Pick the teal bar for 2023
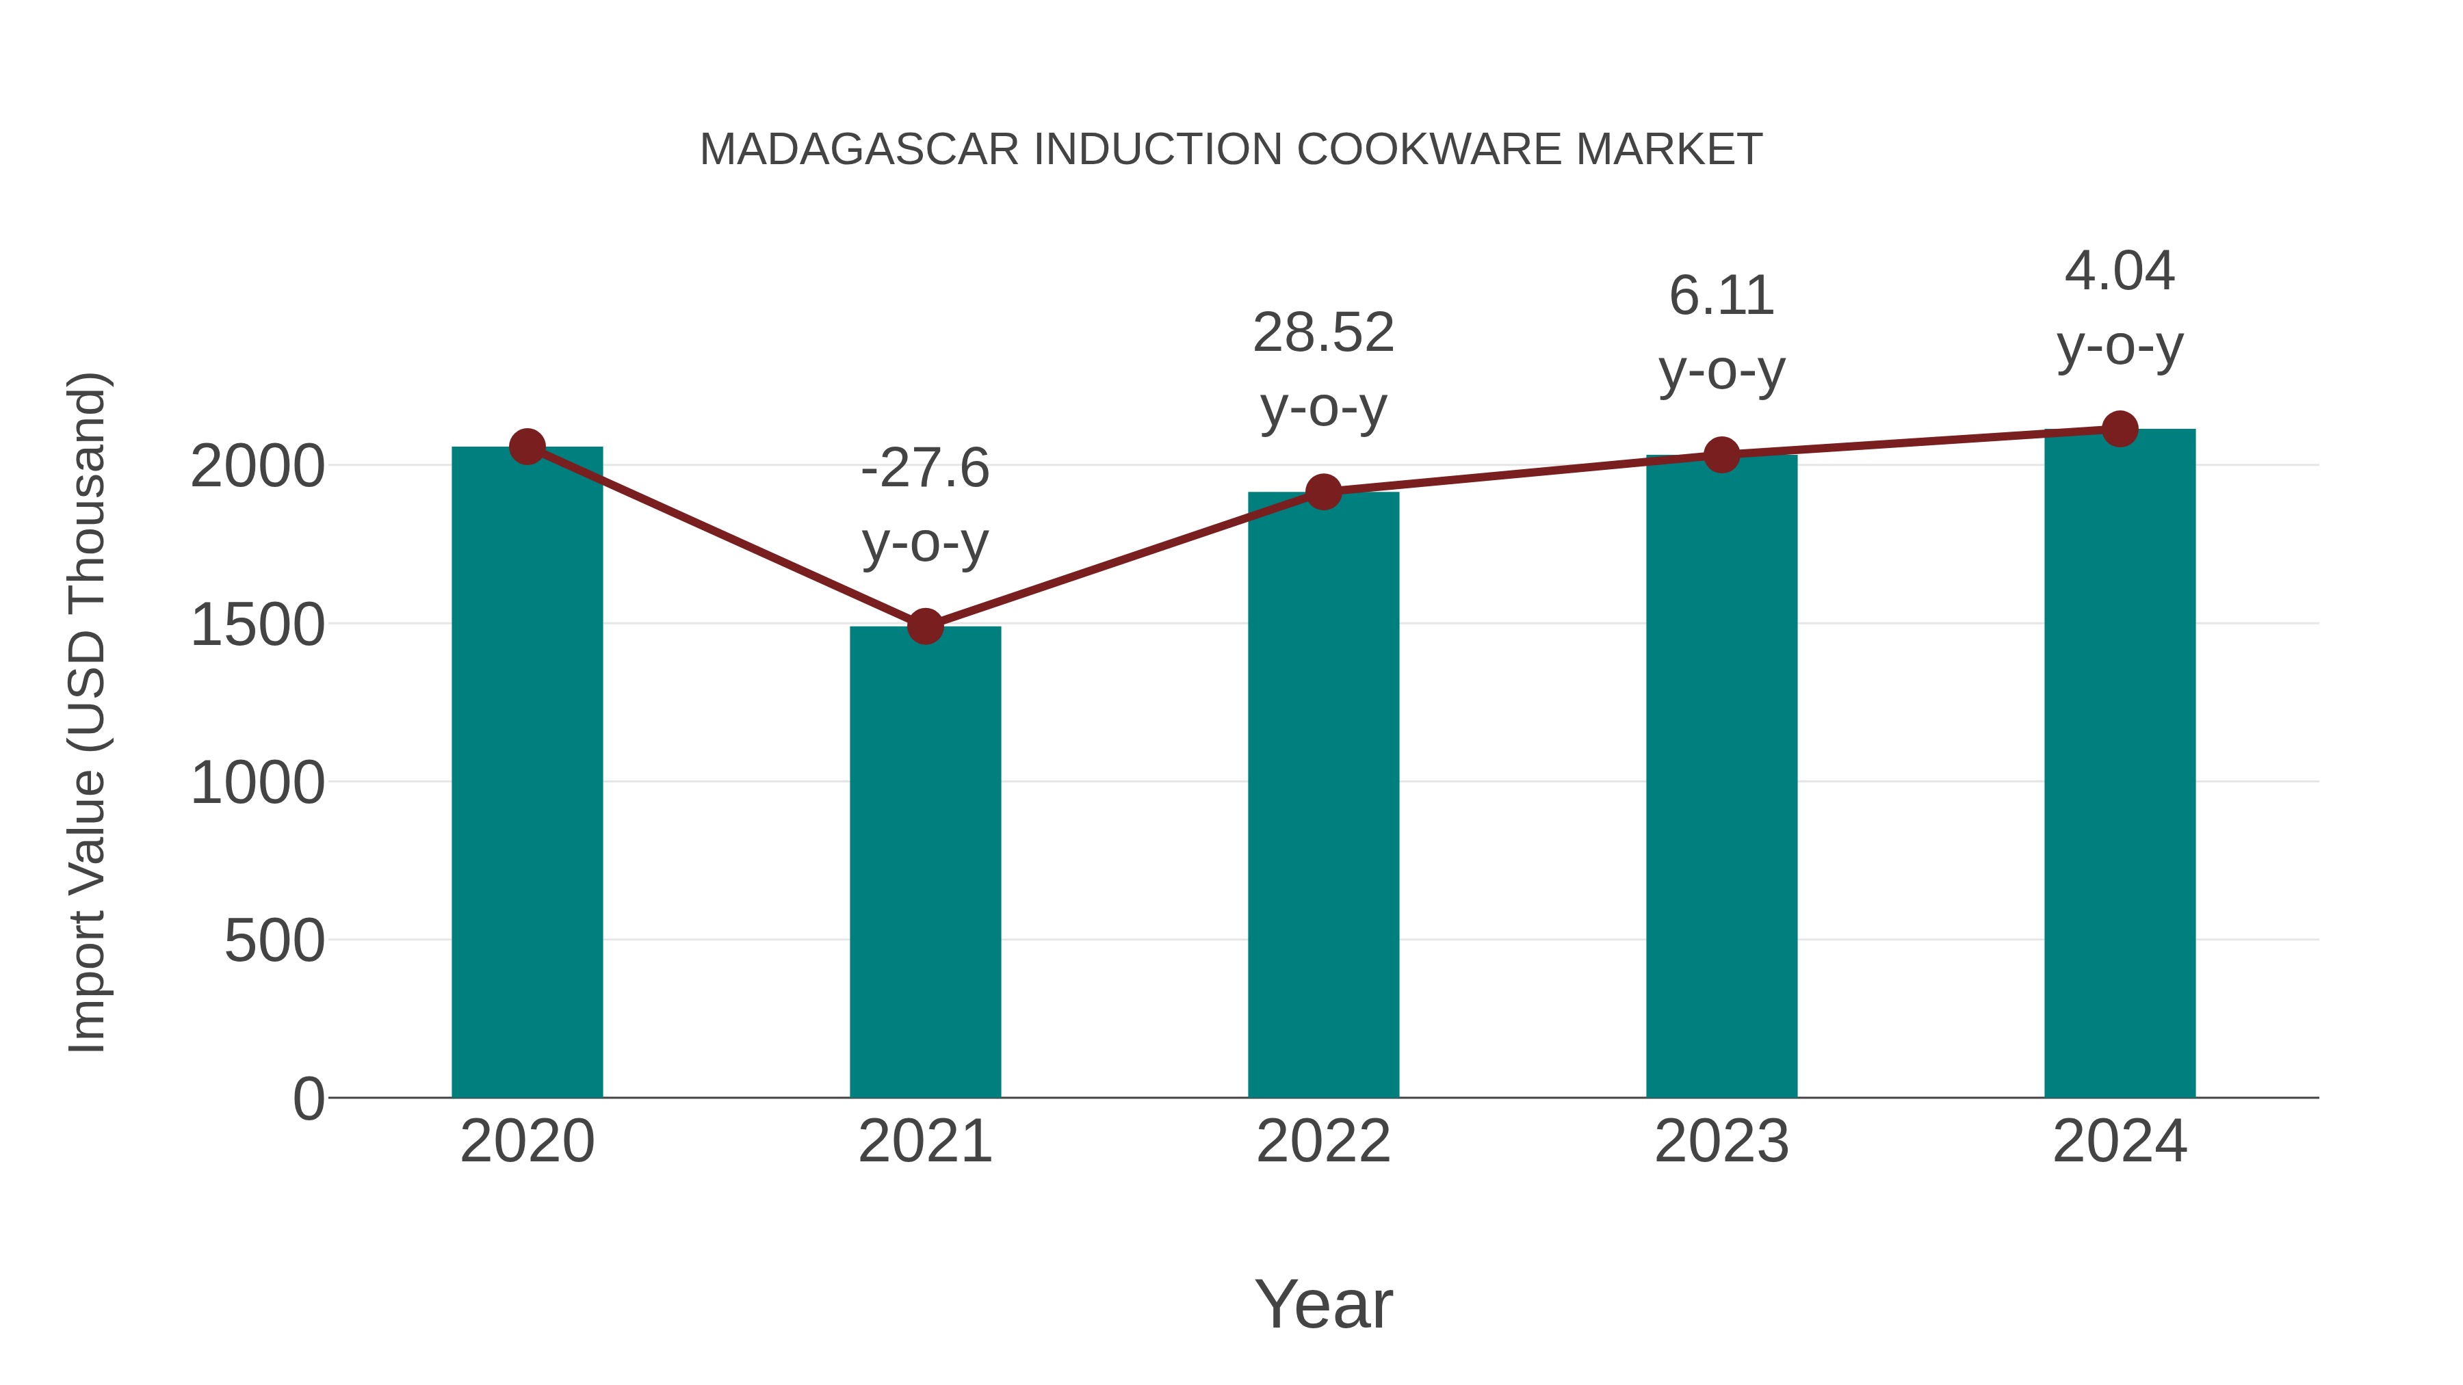click(1721, 774)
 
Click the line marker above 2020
click(527, 447)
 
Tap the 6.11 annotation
click(1721, 295)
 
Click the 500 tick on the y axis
click(274, 942)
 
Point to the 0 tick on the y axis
click(309, 1099)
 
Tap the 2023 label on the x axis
click(1721, 1142)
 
